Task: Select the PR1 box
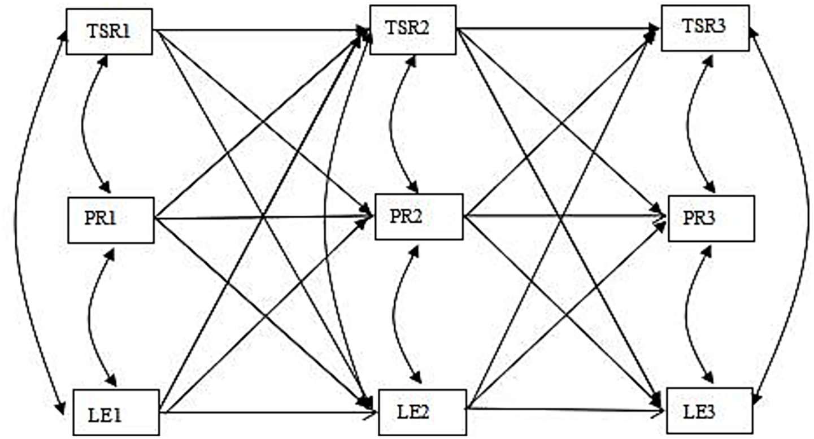point(110,219)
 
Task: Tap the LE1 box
point(115,414)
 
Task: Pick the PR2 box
point(419,216)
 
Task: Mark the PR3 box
point(711,218)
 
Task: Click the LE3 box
point(710,410)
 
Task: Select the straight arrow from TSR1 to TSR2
point(260,30)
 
